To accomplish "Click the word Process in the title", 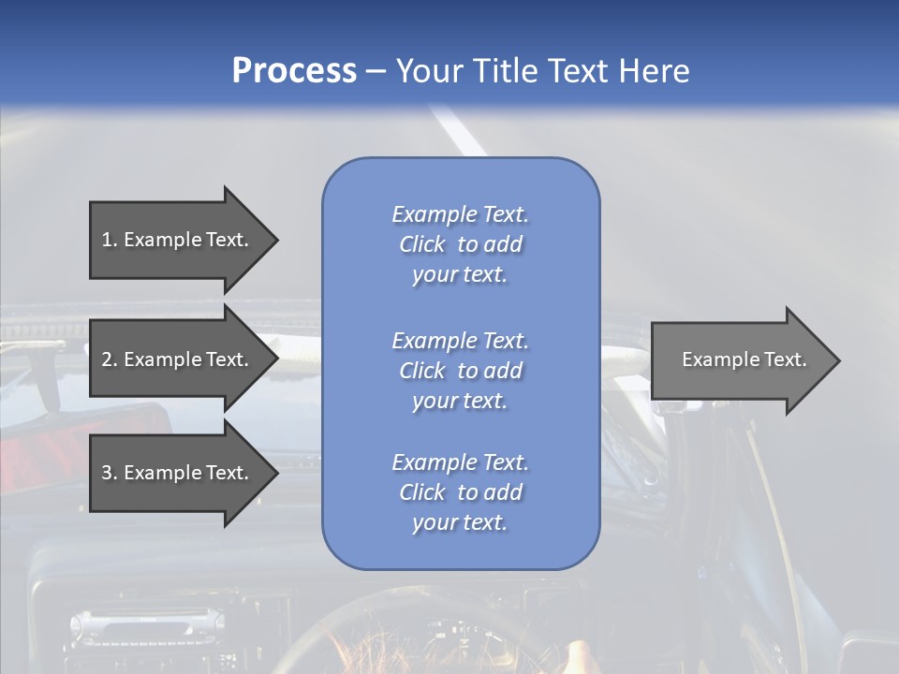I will (x=294, y=71).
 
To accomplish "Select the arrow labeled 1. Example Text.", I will (x=178, y=240).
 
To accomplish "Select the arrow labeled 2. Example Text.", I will (x=178, y=359).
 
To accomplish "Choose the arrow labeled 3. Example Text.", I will (x=178, y=473).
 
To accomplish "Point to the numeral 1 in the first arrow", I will (x=107, y=240).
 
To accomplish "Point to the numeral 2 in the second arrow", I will (x=107, y=359).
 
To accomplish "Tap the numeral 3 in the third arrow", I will (x=107, y=473).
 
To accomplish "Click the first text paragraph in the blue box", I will (x=460, y=244).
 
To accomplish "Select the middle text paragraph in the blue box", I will (x=460, y=371).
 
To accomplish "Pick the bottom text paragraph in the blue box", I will (x=460, y=492).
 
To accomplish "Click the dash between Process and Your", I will (x=376, y=72).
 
